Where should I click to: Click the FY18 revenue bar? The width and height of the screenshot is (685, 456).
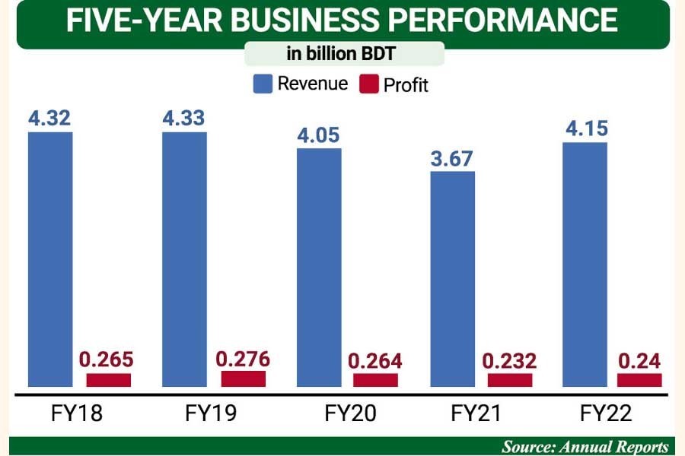[x=50, y=258]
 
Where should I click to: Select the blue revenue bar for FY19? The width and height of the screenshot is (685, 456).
[x=184, y=258]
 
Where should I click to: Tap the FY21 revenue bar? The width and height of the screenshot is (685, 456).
[x=452, y=278]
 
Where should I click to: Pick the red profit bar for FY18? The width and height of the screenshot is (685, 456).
[x=108, y=380]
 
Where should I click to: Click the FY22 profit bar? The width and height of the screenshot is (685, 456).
[x=639, y=380]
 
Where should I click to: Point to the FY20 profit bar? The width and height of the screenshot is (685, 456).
[x=375, y=380]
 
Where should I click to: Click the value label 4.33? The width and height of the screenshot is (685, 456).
[x=184, y=119]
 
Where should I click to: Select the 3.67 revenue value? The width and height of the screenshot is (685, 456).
[x=452, y=159]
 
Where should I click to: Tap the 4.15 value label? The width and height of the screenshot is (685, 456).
[x=587, y=129]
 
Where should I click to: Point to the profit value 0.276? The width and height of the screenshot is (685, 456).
[x=243, y=359]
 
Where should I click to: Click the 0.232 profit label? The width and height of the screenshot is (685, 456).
[x=510, y=361]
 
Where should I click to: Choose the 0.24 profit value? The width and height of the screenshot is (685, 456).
[x=639, y=361]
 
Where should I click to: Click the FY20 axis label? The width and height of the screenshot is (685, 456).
[x=350, y=413]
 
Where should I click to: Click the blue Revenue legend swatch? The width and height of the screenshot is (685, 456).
[x=263, y=83]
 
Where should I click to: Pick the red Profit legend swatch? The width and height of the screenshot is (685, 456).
[x=368, y=84]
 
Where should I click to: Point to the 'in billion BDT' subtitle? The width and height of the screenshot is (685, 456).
[x=343, y=55]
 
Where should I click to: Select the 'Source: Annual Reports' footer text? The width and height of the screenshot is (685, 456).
[x=585, y=446]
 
